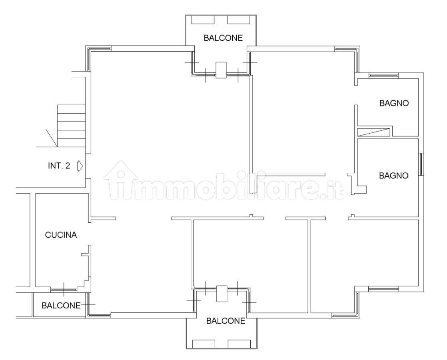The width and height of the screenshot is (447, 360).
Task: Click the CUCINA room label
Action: (x=61, y=235)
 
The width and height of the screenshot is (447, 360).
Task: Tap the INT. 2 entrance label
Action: (x=59, y=166)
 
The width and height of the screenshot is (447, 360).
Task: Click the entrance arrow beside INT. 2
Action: (x=80, y=166)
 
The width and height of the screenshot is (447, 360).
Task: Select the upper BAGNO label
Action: (x=394, y=103)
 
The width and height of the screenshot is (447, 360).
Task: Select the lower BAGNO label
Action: (x=394, y=176)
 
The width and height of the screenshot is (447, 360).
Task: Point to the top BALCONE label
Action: (x=223, y=38)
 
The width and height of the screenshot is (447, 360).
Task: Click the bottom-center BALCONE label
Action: (x=225, y=321)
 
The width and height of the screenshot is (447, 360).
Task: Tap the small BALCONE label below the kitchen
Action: (x=61, y=306)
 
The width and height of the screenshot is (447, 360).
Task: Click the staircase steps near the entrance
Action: (x=71, y=126)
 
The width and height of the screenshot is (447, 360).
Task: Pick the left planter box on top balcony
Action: (x=203, y=20)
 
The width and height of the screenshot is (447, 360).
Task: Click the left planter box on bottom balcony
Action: (x=204, y=344)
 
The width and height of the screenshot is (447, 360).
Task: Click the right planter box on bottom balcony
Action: (x=239, y=344)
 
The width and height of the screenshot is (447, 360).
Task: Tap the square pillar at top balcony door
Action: (x=221, y=70)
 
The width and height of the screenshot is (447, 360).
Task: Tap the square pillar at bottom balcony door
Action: (x=222, y=294)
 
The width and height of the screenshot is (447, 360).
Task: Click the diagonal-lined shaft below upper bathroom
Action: (x=374, y=132)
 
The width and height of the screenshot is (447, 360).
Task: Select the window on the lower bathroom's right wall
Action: (x=421, y=164)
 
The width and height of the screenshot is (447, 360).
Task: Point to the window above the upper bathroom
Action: (x=383, y=76)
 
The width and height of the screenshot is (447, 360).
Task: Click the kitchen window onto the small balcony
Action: (x=64, y=290)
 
